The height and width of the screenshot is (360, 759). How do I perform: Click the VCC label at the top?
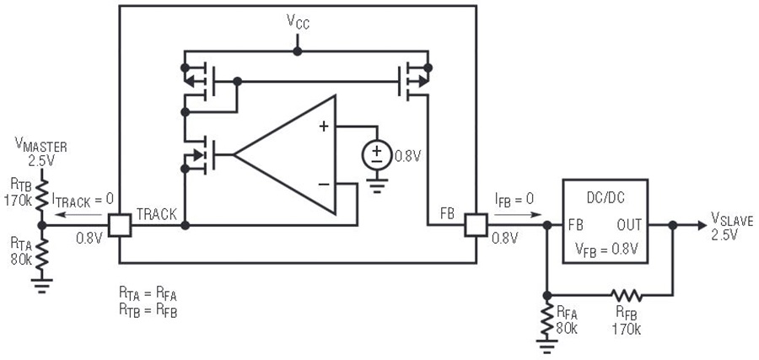(298, 22)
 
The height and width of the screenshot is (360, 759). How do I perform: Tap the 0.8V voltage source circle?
(377, 155)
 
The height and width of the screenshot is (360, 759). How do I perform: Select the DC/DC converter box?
(605, 221)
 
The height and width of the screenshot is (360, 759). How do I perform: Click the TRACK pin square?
(119, 225)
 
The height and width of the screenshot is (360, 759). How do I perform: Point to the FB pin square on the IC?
(476, 225)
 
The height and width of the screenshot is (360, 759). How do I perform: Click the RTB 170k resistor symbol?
(41, 194)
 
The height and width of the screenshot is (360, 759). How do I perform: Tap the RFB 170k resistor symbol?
(627, 295)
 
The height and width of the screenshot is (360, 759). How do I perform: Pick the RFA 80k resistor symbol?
(547, 319)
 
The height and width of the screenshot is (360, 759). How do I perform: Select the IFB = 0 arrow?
(518, 214)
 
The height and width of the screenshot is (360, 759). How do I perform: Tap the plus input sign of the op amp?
(323, 127)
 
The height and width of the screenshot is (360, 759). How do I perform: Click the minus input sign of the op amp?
(324, 184)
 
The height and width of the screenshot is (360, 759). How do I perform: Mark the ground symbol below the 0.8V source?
(377, 185)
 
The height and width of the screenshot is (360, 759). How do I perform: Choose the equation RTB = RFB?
(148, 311)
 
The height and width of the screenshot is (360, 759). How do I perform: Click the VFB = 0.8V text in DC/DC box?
(606, 249)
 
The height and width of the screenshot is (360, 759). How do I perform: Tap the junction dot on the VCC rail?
(297, 51)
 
